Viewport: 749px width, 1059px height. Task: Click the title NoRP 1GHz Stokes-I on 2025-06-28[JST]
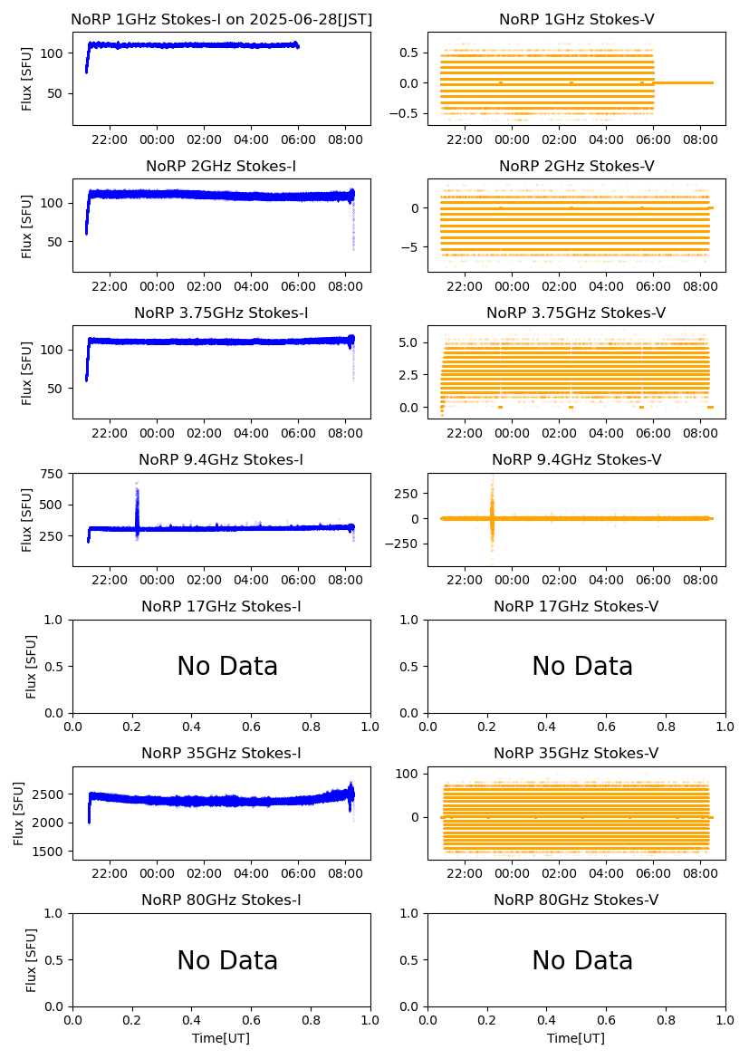[221, 19]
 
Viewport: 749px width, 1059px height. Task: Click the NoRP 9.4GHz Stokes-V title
[576, 460]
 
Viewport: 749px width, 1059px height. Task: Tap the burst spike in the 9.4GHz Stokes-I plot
[137, 507]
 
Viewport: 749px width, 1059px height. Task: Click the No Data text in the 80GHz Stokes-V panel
[582, 961]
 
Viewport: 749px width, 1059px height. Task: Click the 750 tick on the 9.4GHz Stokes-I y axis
[52, 474]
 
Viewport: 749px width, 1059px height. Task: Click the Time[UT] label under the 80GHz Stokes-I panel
[221, 1038]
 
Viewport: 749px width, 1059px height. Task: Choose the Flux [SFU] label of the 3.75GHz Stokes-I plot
[27, 372]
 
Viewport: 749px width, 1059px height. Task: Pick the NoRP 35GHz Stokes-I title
[221, 754]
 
